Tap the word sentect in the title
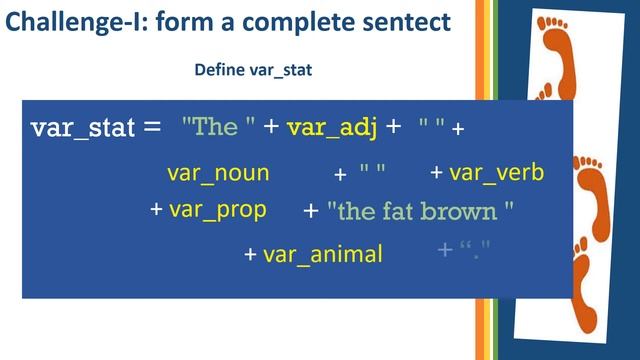point(398,23)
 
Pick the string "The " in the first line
point(219,127)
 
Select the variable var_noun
point(218,173)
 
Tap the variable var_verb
point(496,173)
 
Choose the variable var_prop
point(217,210)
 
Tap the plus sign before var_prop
point(156,211)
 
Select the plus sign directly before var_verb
point(436,173)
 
